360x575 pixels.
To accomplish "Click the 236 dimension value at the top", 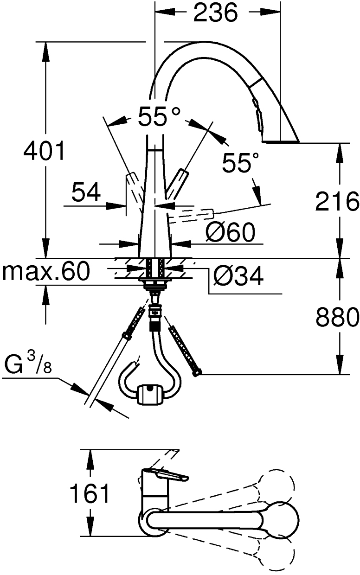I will tap(215, 13).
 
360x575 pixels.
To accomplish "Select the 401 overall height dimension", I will tap(45, 152).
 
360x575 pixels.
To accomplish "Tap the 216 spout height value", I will tap(337, 202).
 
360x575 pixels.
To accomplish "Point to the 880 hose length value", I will tap(337, 317).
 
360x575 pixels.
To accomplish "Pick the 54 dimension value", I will tap(86, 192).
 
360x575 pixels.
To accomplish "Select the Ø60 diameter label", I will tap(231, 232).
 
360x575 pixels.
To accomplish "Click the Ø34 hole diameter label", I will tap(238, 277).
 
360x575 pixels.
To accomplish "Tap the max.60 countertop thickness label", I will tap(45, 272).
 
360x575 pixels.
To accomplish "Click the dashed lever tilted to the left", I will tap(132, 186).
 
